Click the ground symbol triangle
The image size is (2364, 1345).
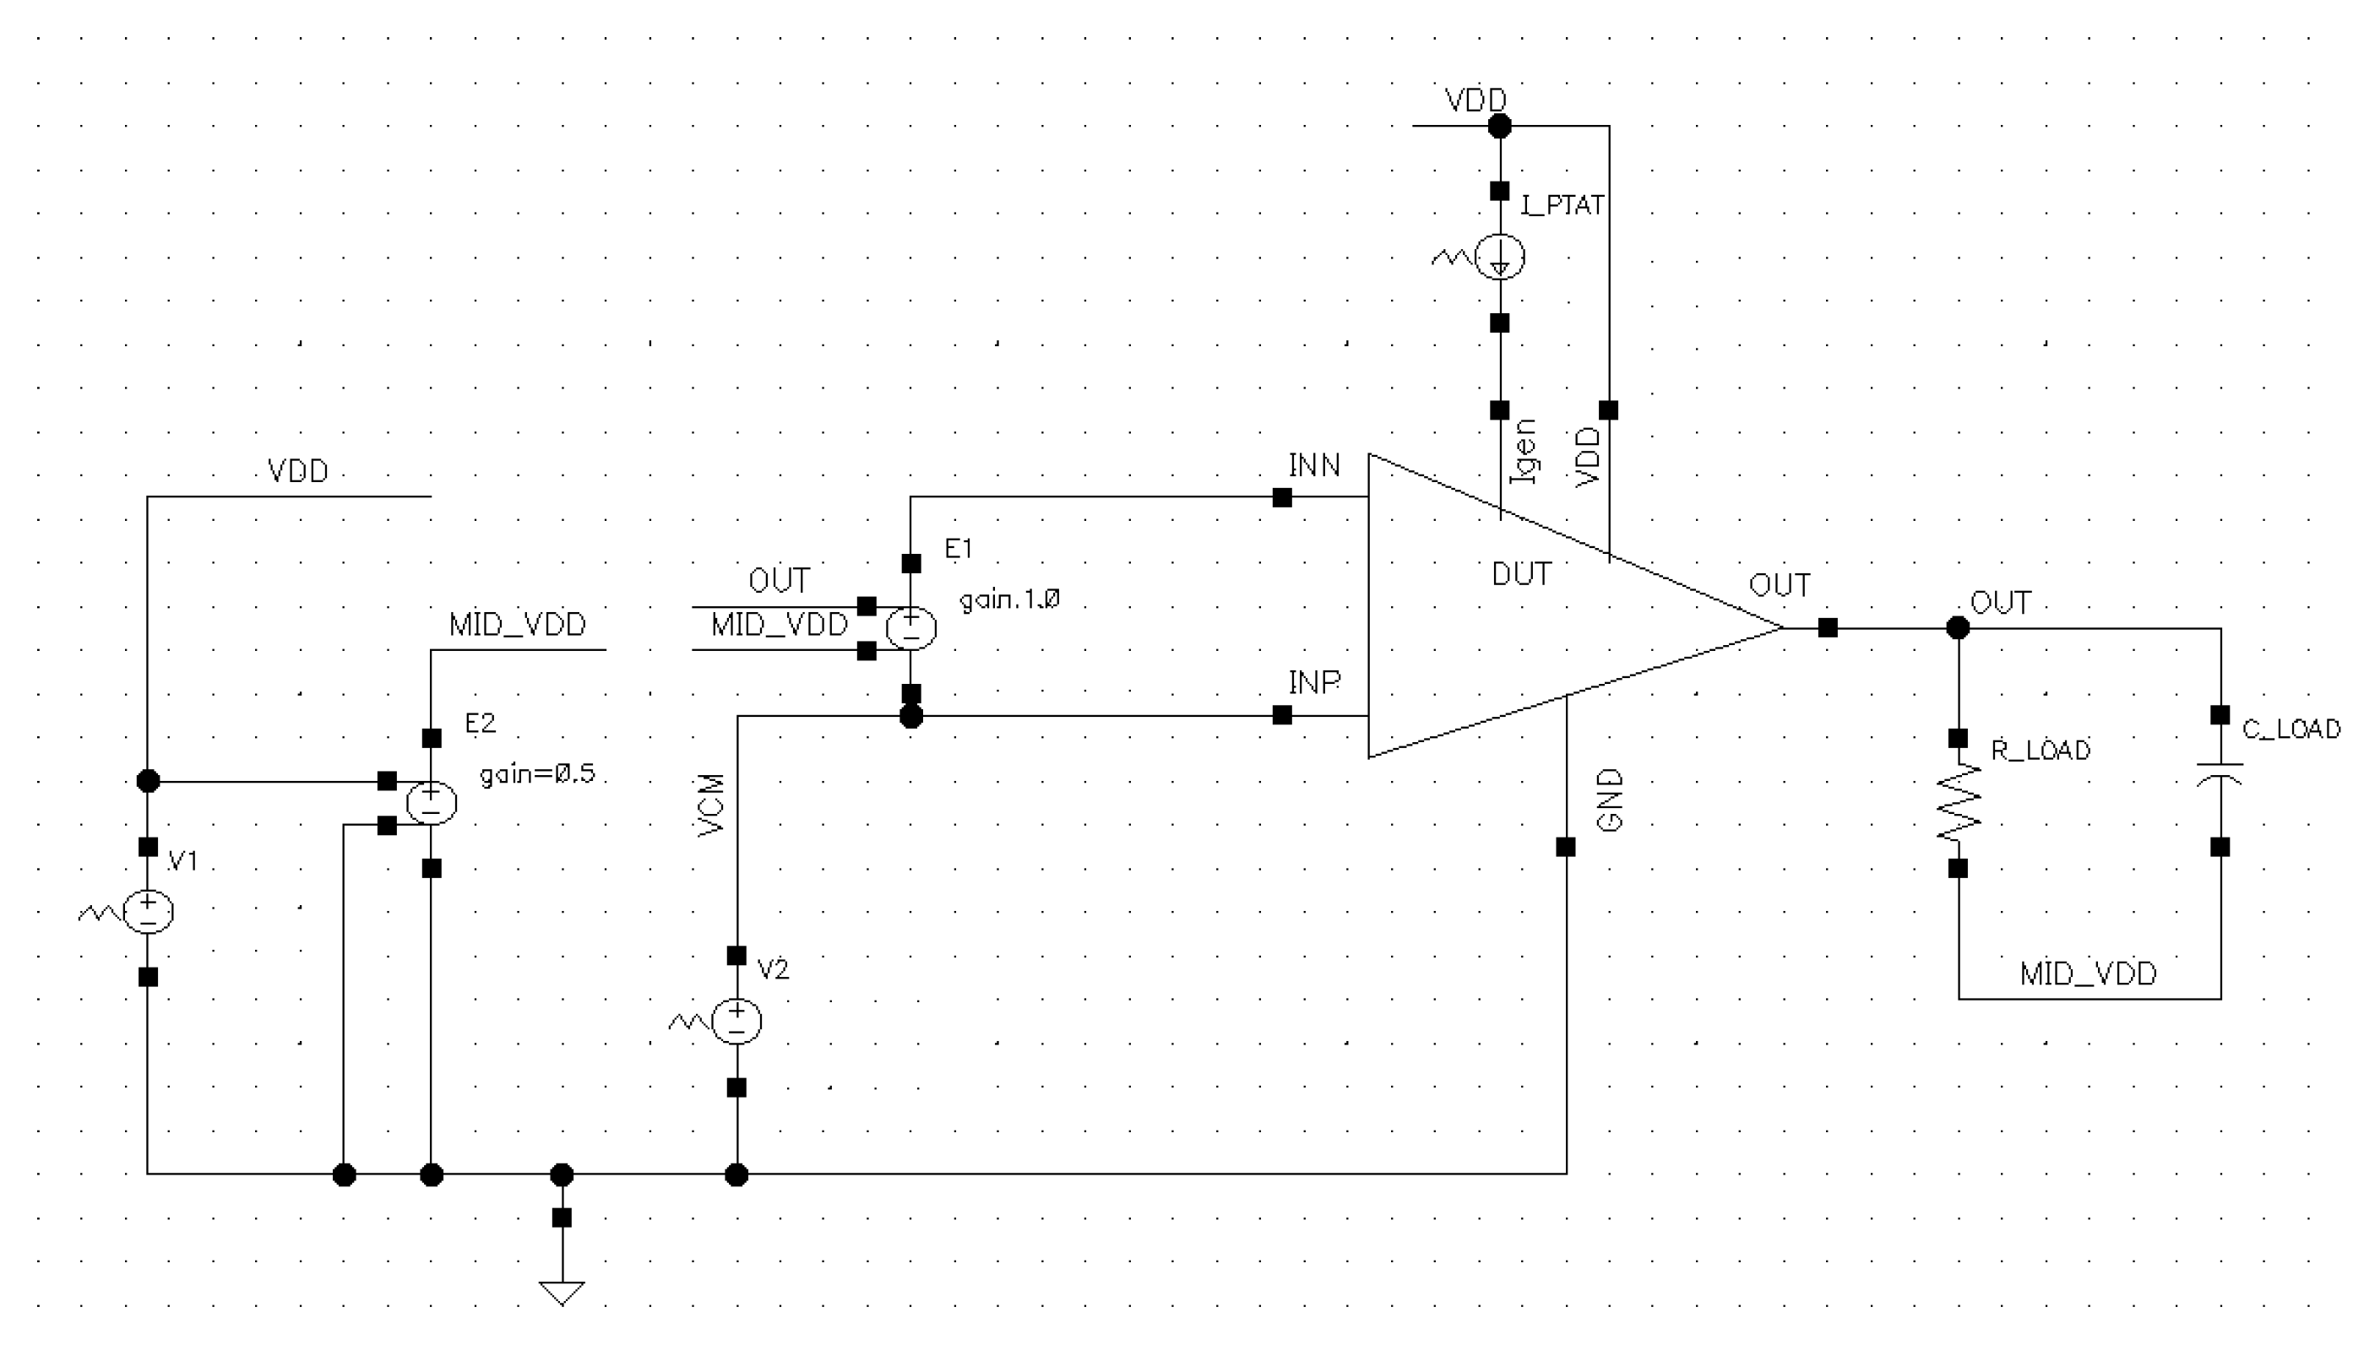click(x=562, y=1292)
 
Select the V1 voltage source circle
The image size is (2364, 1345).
click(x=148, y=912)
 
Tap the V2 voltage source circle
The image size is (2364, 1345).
click(x=736, y=1021)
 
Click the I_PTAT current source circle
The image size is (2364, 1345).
click(x=1499, y=257)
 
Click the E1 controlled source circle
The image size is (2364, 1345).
click(x=910, y=628)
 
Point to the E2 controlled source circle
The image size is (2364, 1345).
click(x=432, y=803)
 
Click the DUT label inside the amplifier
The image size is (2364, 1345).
click(x=1520, y=575)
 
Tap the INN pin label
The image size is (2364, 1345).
click(x=1313, y=465)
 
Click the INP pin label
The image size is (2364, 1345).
click(x=1313, y=683)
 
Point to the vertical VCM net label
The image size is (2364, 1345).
click(x=711, y=805)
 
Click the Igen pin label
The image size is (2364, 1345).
click(x=1524, y=451)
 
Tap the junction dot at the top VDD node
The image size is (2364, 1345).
click(x=1499, y=126)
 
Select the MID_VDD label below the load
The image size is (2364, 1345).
click(x=2088, y=973)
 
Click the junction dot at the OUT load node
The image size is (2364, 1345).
click(x=1958, y=628)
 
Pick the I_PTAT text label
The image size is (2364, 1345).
click(x=1561, y=205)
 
